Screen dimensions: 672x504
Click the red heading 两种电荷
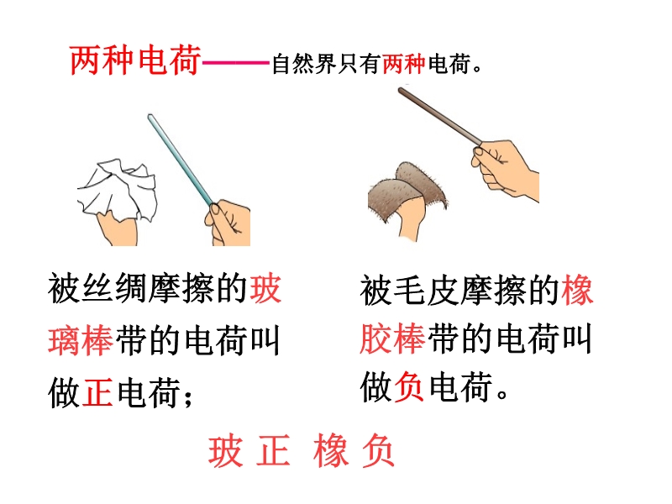pos(135,60)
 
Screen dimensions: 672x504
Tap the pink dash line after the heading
pos(236,63)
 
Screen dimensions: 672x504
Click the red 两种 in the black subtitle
pos(403,65)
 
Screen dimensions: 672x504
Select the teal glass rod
pos(181,160)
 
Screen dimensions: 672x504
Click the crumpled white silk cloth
pos(118,188)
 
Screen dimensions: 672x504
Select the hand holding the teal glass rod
pos(228,223)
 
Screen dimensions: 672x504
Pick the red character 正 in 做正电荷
pos(97,392)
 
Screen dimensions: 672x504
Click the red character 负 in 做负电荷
pos(409,386)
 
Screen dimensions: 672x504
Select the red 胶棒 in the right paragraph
pos(392,339)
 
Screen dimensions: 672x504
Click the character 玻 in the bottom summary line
pos(225,451)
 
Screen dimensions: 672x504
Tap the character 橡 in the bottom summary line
pos(329,451)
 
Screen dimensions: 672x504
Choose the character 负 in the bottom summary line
pos(378,451)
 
